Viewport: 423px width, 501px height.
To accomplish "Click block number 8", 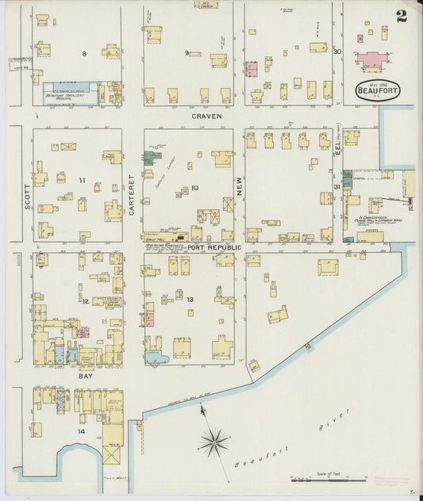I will [x=83, y=53].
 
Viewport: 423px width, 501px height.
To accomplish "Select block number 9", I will [x=187, y=53].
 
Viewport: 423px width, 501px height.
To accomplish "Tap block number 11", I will [x=82, y=180].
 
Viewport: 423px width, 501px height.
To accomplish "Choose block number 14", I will [x=81, y=431].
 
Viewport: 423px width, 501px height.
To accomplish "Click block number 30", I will [x=336, y=52].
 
